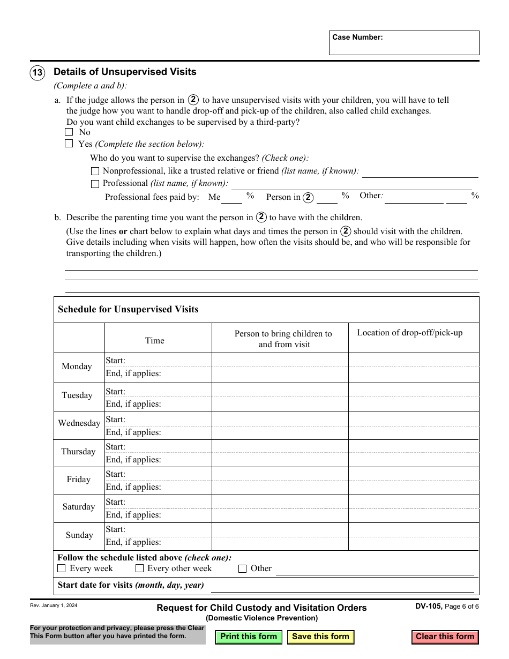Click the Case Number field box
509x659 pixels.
404,43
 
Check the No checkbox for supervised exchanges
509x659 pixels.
69,132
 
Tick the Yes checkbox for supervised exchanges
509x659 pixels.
69,144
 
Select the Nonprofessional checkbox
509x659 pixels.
95,171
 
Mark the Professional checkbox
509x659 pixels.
95,184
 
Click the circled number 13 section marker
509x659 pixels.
38,72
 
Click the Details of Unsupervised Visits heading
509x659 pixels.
125,72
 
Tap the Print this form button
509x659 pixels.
249,637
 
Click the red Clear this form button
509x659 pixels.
445,637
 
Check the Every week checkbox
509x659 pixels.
62,568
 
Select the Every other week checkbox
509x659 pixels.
139,568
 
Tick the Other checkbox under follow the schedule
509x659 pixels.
242,568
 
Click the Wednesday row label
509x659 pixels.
79,423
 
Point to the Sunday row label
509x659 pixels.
79,535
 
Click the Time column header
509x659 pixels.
155,341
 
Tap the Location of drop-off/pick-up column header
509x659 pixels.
410,333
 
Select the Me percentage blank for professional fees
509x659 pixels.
232,198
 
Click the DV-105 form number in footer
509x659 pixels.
428,606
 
